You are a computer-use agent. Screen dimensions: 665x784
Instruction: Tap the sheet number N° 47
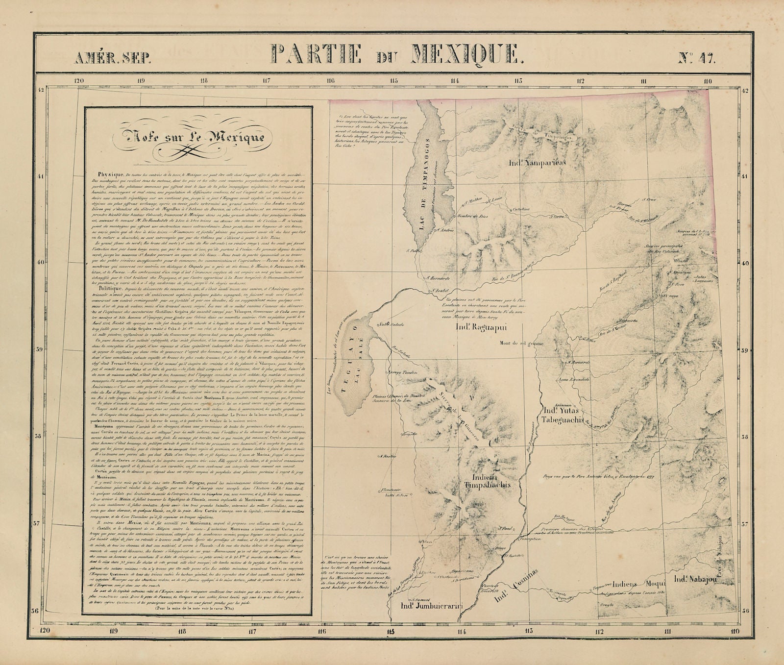[x=696, y=59]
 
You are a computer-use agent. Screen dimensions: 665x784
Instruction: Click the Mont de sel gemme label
[x=521, y=344]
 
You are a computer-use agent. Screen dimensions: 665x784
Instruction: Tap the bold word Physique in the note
[x=110, y=174]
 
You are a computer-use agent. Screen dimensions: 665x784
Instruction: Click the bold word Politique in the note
[x=110, y=290]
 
